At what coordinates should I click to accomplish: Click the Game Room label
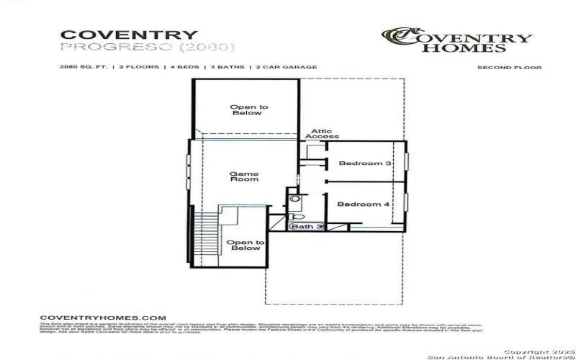pyautogui.click(x=243, y=176)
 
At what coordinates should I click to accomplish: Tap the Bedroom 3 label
pyautogui.click(x=365, y=163)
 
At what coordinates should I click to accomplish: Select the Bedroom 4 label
pyautogui.click(x=364, y=204)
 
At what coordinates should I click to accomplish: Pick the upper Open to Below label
pyautogui.click(x=248, y=110)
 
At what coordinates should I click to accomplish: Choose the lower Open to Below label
pyautogui.click(x=246, y=246)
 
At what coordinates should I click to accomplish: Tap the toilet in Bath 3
pyautogui.click(x=297, y=216)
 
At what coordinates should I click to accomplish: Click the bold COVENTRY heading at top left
pyautogui.click(x=129, y=35)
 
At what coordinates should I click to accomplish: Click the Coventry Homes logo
pyautogui.click(x=456, y=40)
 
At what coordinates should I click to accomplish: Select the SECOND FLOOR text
pyautogui.click(x=509, y=68)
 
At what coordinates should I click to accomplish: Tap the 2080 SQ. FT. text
pyautogui.click(x=84, y=67)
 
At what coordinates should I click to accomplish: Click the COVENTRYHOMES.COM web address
pyautogui.click(x=102, y=318)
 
